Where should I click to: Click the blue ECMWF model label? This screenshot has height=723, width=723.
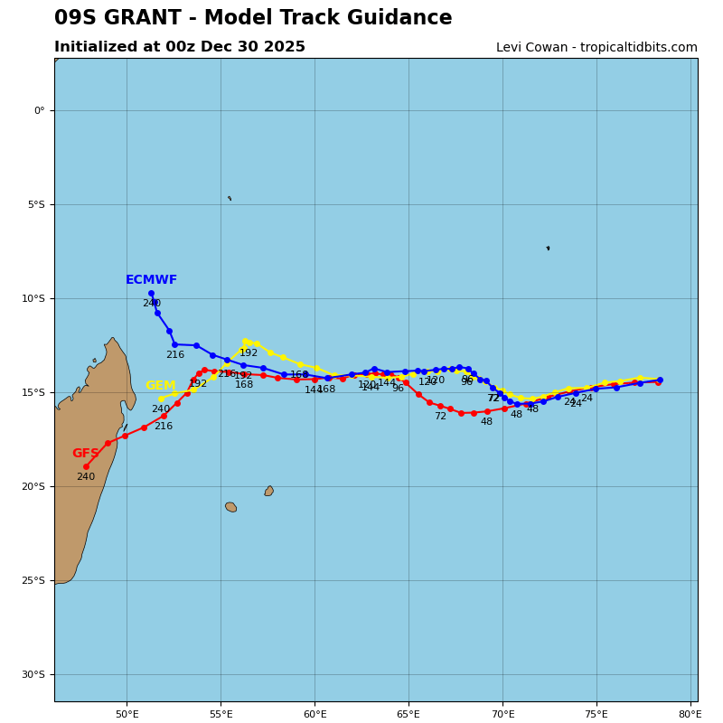pyautogui.click(x=151, y=280)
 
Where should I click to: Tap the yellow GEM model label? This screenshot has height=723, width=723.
pyautogui.click(x=161, y=386)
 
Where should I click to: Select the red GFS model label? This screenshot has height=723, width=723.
pyautogui.click(x=86, y=454)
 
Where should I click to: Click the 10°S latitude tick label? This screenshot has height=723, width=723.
pyautogui.click(x=33, y=299)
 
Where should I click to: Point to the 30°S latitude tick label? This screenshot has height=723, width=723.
pyautogui.click(x=33, y=675)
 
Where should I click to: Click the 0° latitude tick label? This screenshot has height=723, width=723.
pyautogui.click(x=39, y=111)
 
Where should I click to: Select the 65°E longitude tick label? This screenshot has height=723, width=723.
pyautogui.click(x=408, y=714)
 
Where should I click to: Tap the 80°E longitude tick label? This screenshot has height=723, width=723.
pyautogui.click(x=690, y=714)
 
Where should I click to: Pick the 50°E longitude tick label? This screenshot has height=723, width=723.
pyautogui.click(x=127, y=714)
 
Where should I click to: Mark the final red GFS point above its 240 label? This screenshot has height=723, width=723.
pyautogui.click(x=86, y=466)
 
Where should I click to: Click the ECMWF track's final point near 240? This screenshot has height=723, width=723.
pyautogui.click(x=151, y=293)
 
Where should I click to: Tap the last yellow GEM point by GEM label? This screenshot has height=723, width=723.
pyautogui.click(x=161, y=399)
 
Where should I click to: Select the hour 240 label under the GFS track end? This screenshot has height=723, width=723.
pyautogui.click(x=85, y=477)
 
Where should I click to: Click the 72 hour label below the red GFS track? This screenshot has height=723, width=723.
pyautogui.click(x=440, y=417)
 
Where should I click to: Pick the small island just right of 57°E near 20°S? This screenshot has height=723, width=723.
pyautogui.click(x=268, y=491)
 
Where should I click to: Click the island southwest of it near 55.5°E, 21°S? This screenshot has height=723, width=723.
pyautogui.click(x=230, y=507)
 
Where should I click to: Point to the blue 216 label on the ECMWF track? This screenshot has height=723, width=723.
pyautogui.click(x=174, y=355)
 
